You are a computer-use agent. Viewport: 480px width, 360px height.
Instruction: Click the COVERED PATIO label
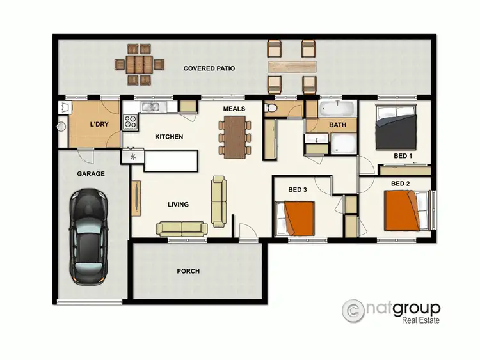[x=209, y=68]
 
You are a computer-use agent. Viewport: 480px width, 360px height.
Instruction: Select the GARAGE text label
[x=91, y=173]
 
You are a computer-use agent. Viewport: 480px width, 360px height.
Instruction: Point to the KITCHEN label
[x=169, y=137]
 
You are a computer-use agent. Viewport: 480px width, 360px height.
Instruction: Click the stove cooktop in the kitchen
[x=131, y=121]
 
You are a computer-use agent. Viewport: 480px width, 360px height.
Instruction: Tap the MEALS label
[x=234, y=109]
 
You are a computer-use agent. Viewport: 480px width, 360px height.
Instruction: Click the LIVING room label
[x=178, y=205]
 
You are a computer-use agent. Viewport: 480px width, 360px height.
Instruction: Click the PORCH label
[x=188, y=271]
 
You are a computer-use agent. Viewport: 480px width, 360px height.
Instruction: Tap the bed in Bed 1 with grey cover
[x=397, y=126]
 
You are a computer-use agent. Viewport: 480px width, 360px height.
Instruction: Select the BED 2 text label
[x=400, y=184]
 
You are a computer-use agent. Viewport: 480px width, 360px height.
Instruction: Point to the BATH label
[x=337, y=125]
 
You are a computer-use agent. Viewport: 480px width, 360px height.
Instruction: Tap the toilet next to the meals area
[x=271, y=109]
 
